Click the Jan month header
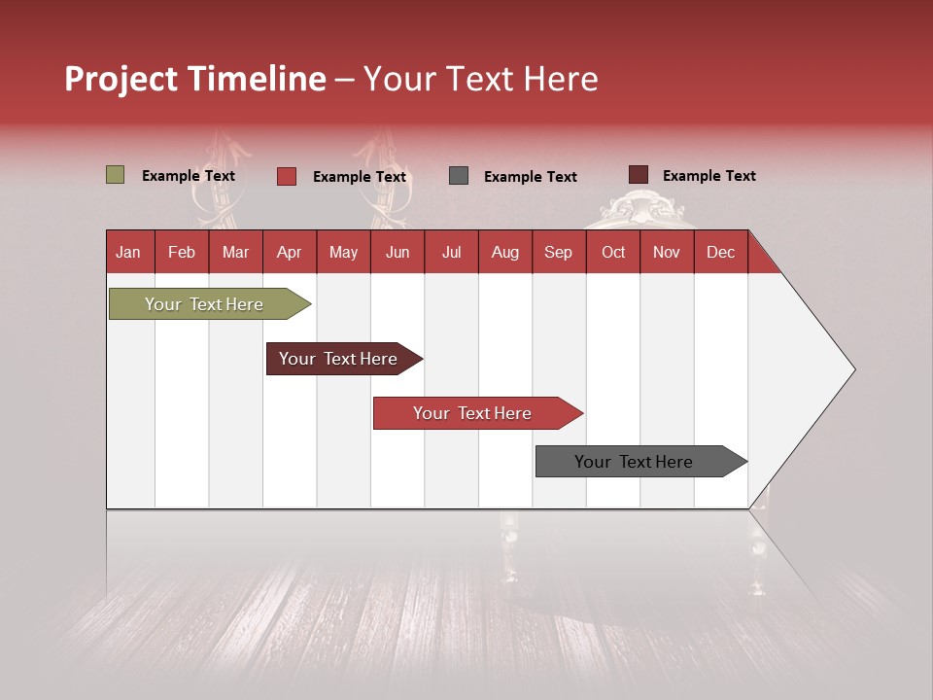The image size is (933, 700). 128,252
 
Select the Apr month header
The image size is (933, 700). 289,252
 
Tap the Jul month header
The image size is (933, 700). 451,252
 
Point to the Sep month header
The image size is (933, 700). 558,252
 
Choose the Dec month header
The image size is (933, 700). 720,252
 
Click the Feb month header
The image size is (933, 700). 182,252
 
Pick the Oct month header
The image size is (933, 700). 613,252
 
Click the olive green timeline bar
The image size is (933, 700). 205,304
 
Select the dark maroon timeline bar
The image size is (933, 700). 338,359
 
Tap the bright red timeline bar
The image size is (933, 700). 472,413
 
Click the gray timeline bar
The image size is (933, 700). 634,462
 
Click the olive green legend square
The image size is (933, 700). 115,175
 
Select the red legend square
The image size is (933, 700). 287,176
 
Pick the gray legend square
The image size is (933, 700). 459,176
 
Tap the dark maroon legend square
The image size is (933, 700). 638,175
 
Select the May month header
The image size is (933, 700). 343,252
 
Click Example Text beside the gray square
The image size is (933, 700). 530,177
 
